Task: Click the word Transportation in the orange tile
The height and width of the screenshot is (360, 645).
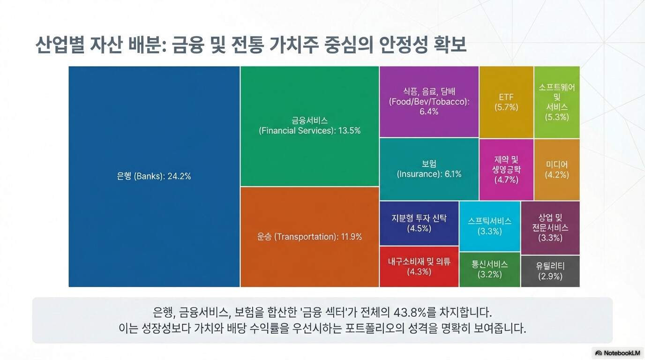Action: point(305,237)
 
